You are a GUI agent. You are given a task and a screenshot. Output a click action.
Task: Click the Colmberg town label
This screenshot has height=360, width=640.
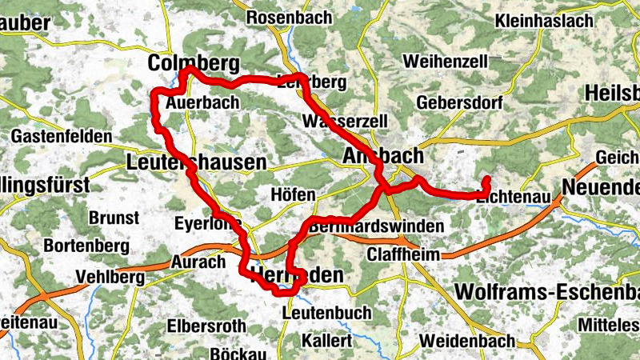tap(194, 63)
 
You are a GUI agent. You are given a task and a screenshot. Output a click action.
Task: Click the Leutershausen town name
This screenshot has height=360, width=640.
tap(196, 163)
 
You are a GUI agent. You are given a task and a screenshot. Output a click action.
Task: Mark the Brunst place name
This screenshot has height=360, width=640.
tap(114, 218)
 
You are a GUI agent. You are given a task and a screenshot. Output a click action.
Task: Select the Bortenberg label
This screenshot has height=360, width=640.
tap(82, 245)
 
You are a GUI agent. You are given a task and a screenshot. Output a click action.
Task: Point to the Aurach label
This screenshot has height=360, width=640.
tap(198, 262)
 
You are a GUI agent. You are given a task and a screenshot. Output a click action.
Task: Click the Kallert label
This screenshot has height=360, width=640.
tap(327, 341)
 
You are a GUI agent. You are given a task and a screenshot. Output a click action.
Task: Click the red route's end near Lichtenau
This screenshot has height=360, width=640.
tap(486, 178)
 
